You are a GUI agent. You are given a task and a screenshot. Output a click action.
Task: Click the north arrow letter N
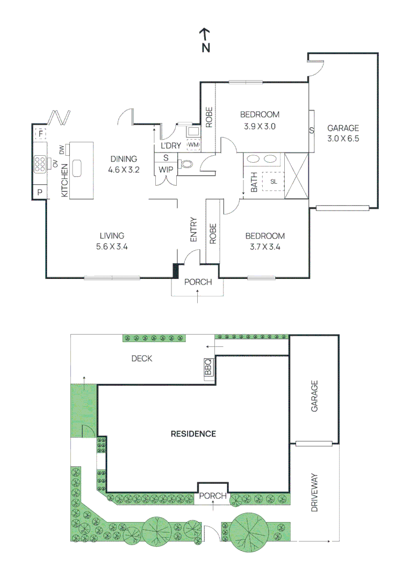[x=205, y=48]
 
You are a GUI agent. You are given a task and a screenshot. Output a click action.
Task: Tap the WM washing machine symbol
[x=193, y=145]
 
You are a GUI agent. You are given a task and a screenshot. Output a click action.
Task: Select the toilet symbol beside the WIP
[x=186, y=165]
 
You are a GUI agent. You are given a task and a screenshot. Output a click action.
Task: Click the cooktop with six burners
[x=40, y=163]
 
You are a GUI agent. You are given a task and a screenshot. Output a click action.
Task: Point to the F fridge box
[x=40, y=133]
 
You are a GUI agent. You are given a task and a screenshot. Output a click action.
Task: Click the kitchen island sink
[x=77, y=168]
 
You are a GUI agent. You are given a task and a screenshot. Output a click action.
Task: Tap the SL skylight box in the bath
[x=274, y=182]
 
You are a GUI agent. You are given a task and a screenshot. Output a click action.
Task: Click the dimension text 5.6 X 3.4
[x=112, y=247]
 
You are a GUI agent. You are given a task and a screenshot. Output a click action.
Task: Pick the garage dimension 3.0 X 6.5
[x=343, y=139]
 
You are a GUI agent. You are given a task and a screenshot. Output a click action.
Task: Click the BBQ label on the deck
[x=208, y=367]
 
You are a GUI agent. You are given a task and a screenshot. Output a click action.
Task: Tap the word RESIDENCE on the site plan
[x=193, y=434]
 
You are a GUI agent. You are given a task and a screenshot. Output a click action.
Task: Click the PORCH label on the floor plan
[x=198, y=282]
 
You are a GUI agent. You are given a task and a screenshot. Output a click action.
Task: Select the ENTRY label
[x=193, y=229]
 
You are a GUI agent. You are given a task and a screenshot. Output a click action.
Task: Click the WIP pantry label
[x=165, y=170]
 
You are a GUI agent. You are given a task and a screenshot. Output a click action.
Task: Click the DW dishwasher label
[x=62, y=150]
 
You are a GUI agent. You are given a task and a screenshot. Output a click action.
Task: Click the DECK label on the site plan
[x=142, y=358]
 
